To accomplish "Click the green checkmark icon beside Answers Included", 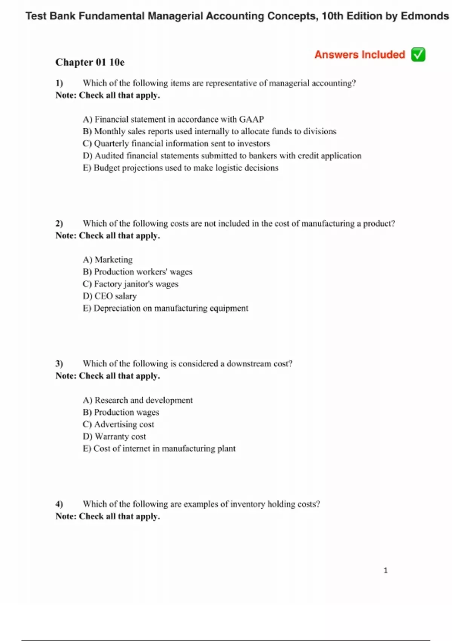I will (418, 55).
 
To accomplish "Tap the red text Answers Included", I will (360, 55).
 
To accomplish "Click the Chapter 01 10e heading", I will (90, 62).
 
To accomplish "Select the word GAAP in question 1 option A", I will (251, 120).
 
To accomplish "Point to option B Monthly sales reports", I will (209, 132).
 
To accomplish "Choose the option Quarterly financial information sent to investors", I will (176, 144).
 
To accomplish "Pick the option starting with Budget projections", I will (180, 168).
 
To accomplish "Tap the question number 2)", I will (59, 224).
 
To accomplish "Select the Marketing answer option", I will (108, 260).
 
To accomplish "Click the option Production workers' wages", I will (137, 272).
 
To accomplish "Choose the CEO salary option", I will (110, 296).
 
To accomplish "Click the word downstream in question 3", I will (249, 364).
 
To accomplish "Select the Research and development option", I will (137, 400).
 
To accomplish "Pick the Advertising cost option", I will (118, 424).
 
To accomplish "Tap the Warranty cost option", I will (114, 436).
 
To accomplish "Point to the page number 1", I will (385, 570).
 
